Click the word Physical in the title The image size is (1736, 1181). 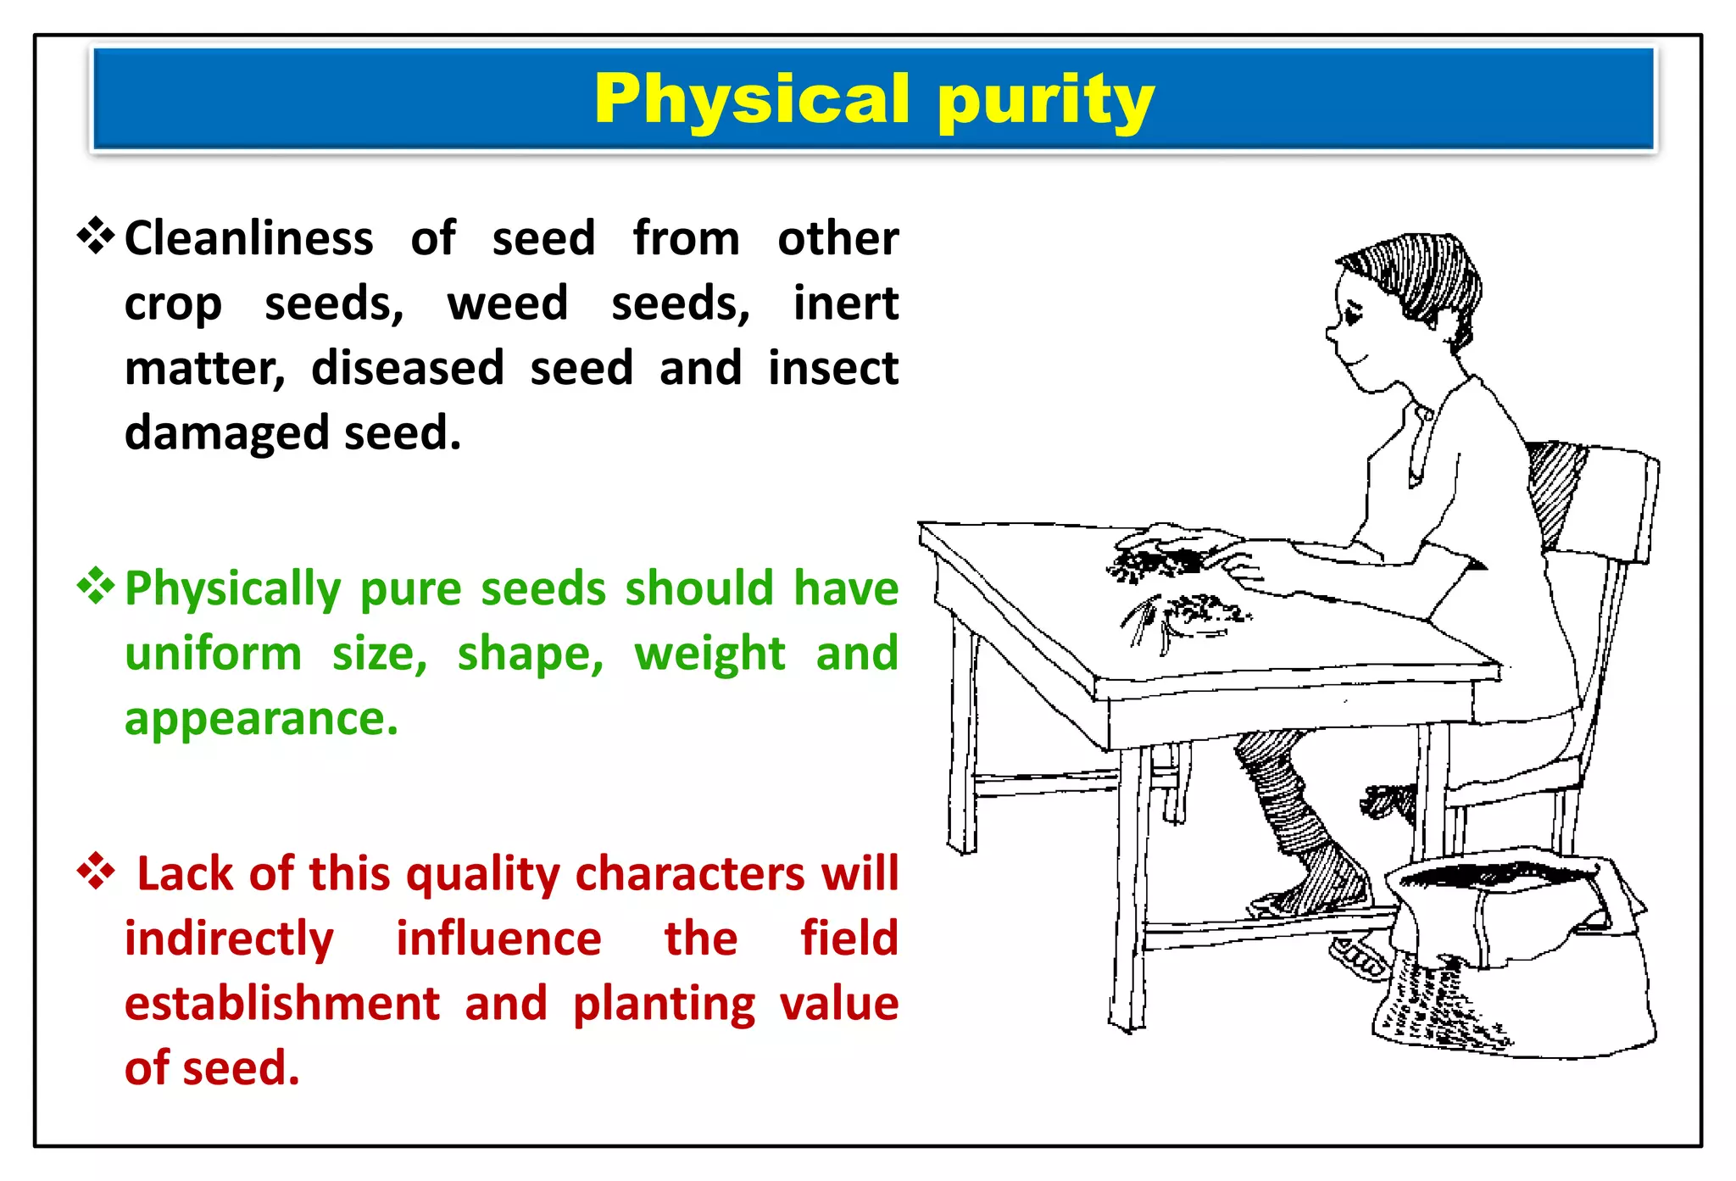(752, 100)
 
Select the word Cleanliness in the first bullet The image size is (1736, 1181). (248, 238)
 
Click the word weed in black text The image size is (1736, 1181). (507, 304)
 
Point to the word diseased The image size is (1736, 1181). (408, 369)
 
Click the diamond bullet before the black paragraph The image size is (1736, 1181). (96, 237)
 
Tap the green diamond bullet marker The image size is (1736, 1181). (96, 587)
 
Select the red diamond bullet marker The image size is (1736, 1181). (96, 872)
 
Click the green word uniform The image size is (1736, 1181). (213, 654)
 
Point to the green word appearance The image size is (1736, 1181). (260, 719)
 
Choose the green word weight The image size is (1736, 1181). (709, 655)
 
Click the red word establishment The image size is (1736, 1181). (281, 1004)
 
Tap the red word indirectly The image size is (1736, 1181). (229, 939)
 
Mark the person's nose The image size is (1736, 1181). (1332, 333)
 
